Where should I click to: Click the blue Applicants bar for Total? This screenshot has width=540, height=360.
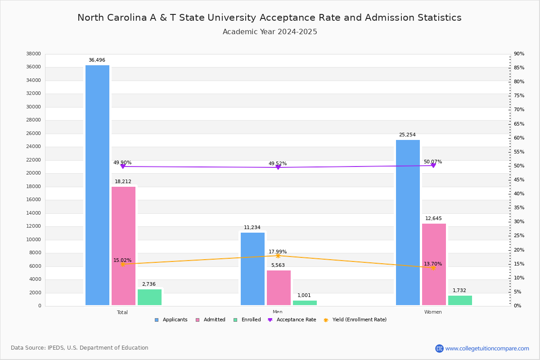pos(97,185)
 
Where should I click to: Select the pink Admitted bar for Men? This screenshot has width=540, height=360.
pos(279,288)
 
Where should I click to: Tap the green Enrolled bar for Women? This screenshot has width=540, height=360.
pos(460,300)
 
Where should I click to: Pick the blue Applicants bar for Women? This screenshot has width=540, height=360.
pos(408,222)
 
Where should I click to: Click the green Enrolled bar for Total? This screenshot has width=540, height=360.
pos(149,297)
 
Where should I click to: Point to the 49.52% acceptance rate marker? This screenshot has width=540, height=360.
pos(278,167)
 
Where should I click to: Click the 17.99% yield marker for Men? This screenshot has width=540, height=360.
pos(278,256)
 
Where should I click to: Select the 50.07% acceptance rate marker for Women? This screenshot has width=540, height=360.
pos(433,166)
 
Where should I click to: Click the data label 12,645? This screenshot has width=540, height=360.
pos(433,219)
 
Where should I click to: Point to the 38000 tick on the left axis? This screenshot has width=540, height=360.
pos(34,54)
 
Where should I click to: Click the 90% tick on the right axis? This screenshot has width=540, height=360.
pos(519,54)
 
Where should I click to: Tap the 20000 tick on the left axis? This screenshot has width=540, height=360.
pos(34,173)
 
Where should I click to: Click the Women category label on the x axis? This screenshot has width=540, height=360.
pos(433,312)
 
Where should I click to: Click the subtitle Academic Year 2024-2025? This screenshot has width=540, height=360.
pos(270,32)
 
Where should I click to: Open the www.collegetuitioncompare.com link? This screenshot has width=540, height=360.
pos(487,348)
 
